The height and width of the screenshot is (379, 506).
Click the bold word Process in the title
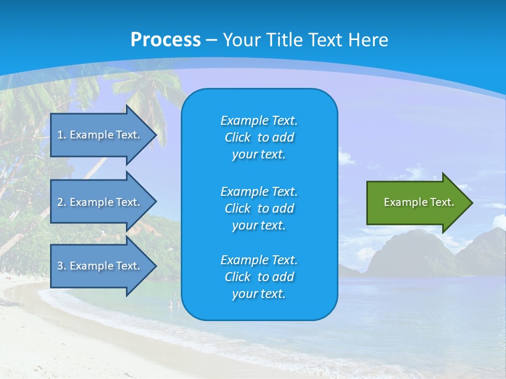tap(166, 40)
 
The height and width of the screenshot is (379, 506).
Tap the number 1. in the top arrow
tap(62, 135)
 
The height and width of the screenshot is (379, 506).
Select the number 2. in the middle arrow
tap(62, 202)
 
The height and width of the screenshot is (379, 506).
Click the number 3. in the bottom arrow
tap(62, 266)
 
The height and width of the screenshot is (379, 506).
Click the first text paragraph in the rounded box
tap(259, 137)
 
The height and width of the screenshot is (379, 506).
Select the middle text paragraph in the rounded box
tap(259, 208)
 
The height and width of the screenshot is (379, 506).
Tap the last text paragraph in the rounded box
tap(259, 277)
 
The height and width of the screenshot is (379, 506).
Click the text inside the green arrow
tap(419, 202)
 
